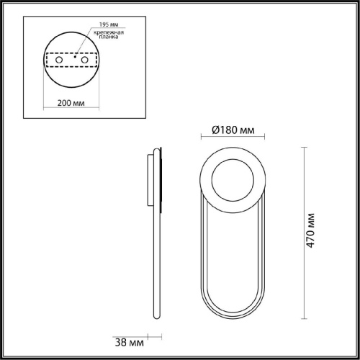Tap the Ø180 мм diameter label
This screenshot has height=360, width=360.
click(234, 130)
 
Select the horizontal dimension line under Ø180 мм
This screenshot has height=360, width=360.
click(234, 139)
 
